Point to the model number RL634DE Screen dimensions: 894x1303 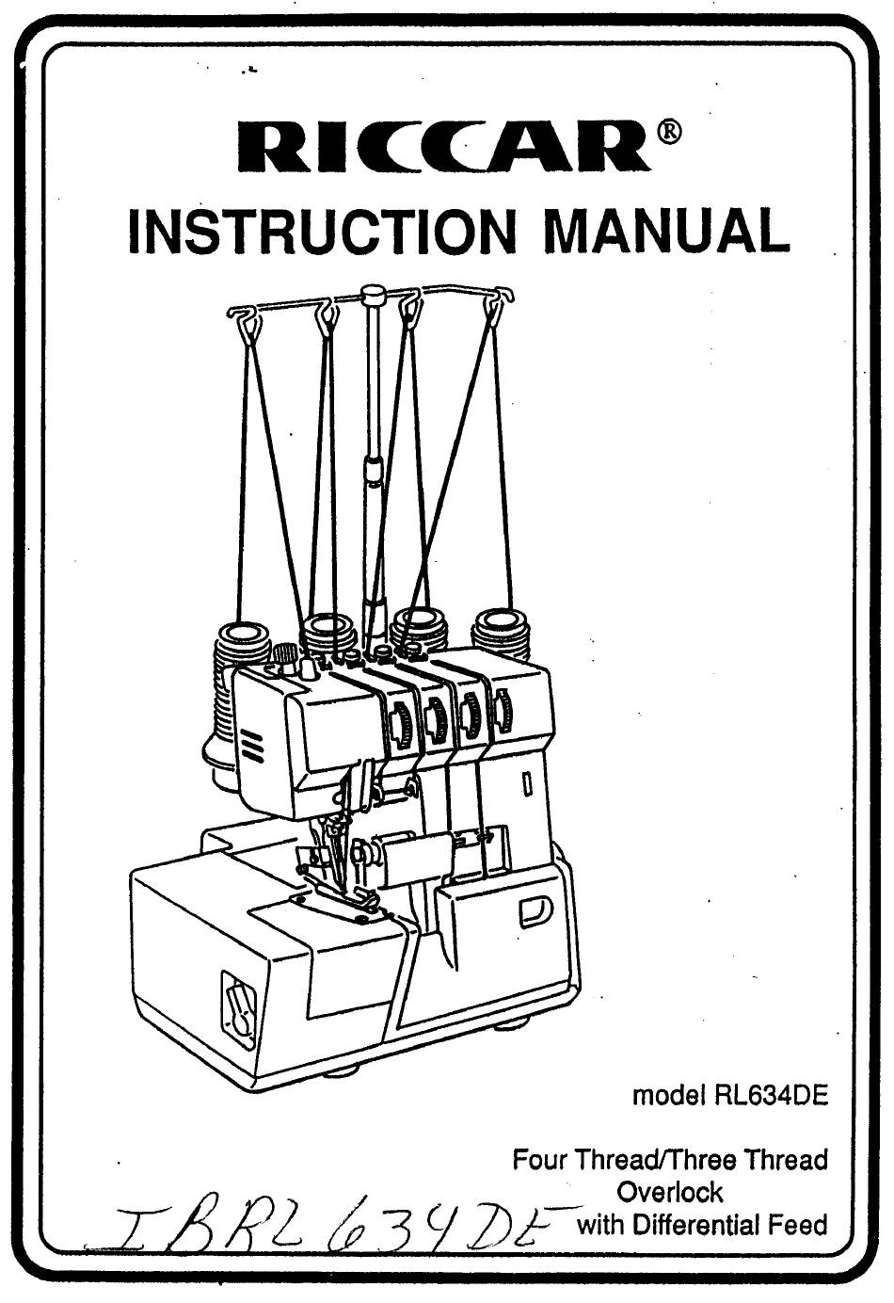766,1097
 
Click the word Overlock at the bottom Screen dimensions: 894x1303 670,1192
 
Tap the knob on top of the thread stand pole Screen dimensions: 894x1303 373,294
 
